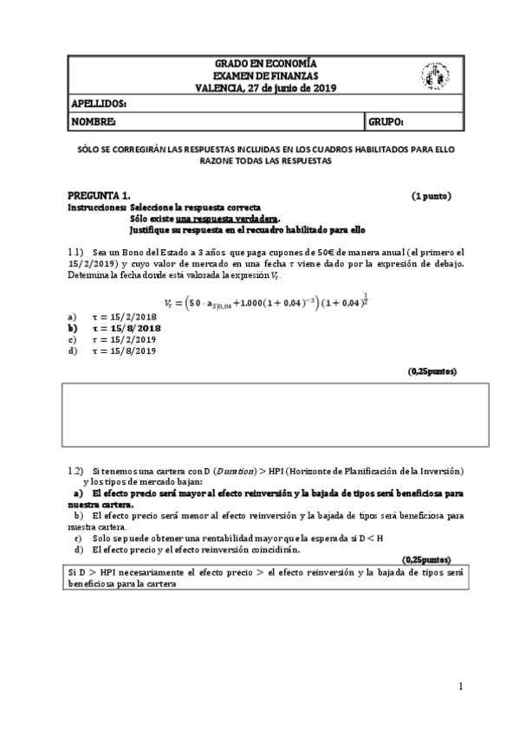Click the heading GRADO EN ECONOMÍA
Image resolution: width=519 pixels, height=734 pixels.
point(265,64)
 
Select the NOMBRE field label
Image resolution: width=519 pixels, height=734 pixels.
point(94,122)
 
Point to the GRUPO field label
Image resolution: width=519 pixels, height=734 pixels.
point(386,122)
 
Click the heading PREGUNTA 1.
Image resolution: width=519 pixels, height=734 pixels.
point(100,196)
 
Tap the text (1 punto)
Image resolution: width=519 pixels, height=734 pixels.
point(431,196)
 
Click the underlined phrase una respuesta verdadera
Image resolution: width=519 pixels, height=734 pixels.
point(221,219)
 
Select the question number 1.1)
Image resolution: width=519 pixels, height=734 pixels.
point(75,252)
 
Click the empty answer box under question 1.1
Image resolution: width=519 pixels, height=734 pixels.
point(259,417)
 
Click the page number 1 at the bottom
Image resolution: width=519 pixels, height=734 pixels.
point(461,687)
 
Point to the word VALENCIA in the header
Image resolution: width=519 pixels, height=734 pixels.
point(221,87)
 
